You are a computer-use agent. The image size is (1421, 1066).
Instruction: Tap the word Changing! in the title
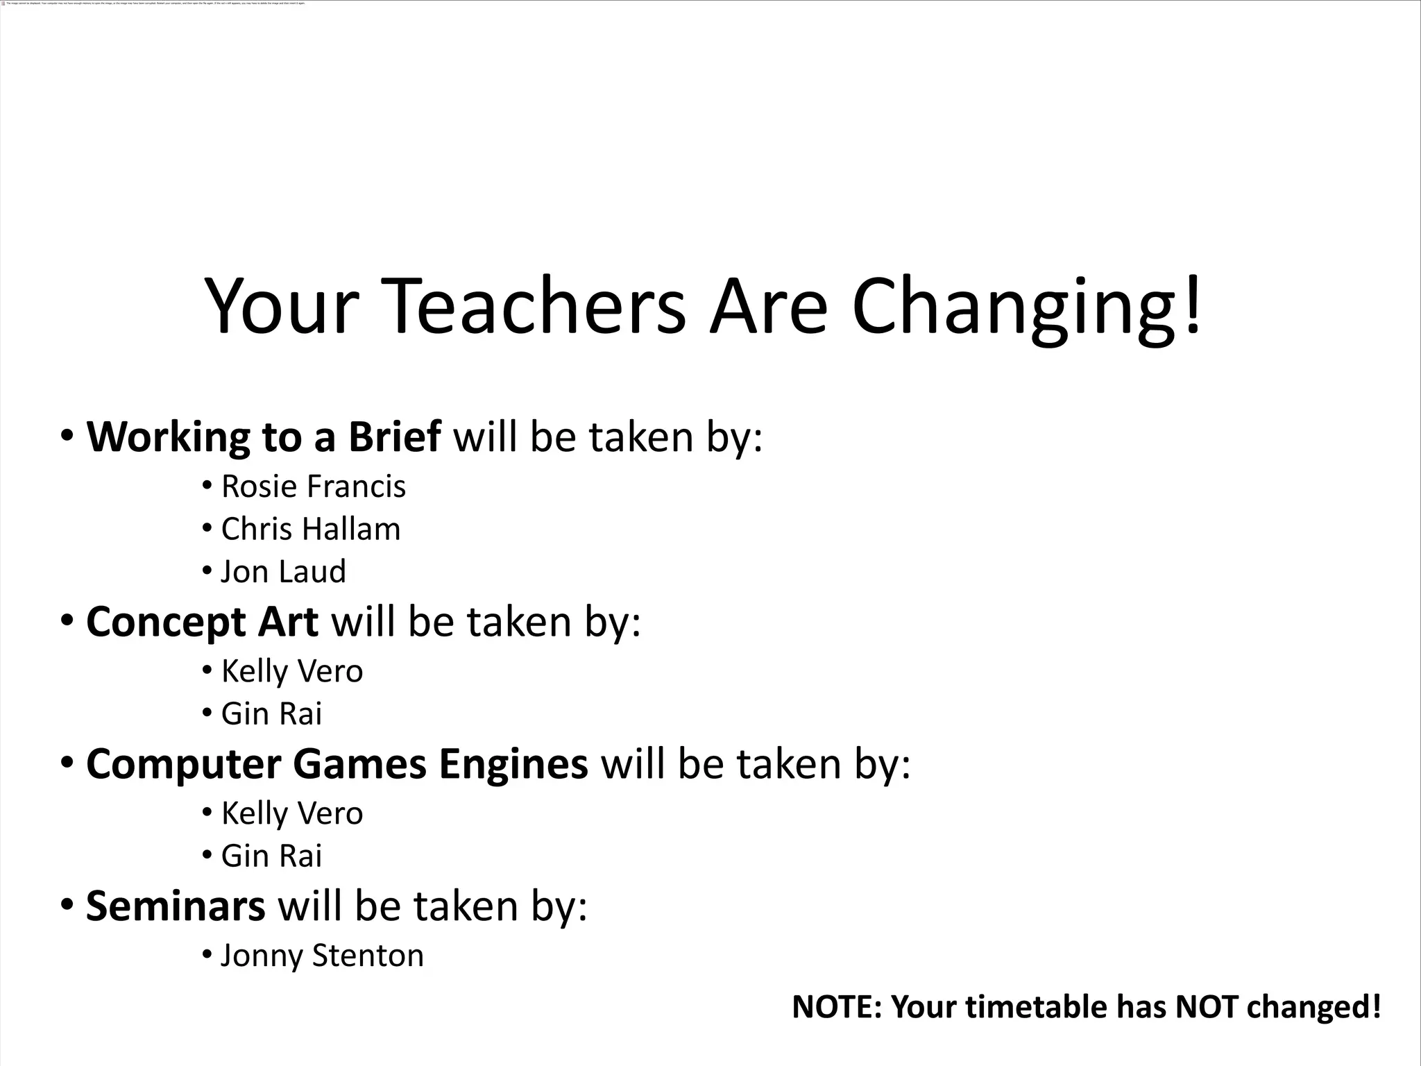coord(1027,307)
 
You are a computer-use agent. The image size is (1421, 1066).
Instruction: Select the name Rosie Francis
coord(313,487)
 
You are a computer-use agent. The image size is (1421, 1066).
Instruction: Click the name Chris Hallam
coord(311,529)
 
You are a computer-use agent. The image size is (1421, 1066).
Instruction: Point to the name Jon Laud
coord(283,572)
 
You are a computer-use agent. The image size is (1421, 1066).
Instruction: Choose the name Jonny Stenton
coord(322,956)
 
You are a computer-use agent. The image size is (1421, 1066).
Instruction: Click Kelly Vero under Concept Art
coord(292,671)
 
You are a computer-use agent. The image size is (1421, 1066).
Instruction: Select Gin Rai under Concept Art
coord(271,714)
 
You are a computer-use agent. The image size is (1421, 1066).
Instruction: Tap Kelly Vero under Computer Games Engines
coord(292,813)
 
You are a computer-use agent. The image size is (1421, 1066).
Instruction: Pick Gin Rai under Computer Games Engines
coord(271,856)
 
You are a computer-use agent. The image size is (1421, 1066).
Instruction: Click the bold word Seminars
coord(176,906)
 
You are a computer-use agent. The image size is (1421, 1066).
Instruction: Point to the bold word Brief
coord(394,437)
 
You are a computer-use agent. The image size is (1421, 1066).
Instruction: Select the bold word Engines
coord(513,763)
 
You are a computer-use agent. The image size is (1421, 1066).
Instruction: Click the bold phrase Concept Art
coord(202,622)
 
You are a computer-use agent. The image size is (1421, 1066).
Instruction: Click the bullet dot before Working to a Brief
coord(67,437)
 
